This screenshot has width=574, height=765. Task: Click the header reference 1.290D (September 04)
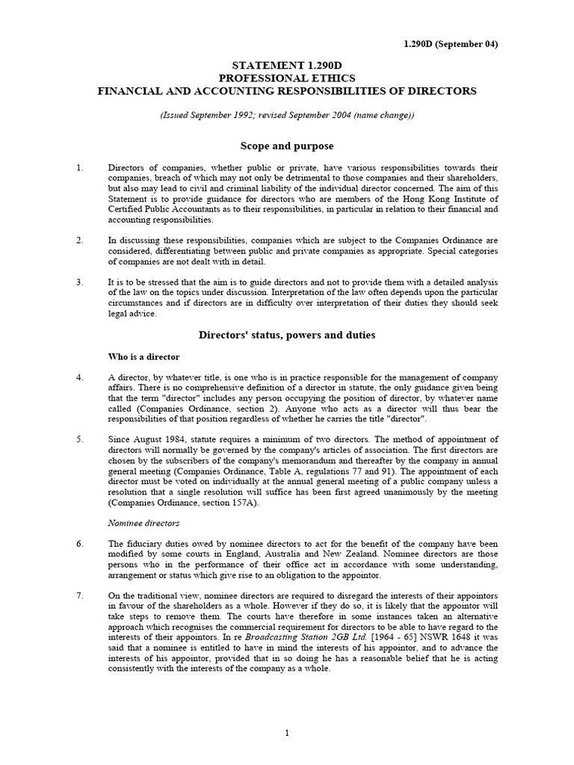(x=451, y=44)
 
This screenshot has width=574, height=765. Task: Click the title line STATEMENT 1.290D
(x=286, y=65)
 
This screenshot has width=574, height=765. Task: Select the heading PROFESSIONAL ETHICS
(x=286, y=78)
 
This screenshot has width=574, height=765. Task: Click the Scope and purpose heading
(x=287, y=146)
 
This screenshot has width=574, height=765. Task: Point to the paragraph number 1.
(x=81, y=168)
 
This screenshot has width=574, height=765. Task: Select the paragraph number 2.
(x=81, y=241)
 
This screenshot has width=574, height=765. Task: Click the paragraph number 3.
(x=81, y=282)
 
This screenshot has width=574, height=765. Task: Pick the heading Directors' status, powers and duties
(x=287, y=335)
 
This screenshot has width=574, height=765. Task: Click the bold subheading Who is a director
(x=144, y=357)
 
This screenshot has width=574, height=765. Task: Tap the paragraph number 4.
(x=81, y=378)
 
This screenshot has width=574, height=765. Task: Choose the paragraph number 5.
(x=81, y=439)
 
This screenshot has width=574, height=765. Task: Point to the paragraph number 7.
(x=81, y=595)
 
